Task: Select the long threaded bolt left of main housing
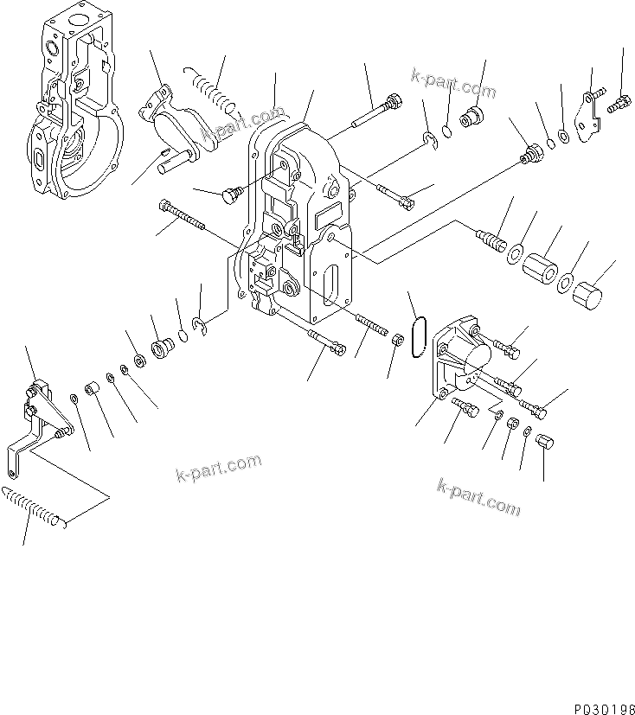182,216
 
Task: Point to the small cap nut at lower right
544,444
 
